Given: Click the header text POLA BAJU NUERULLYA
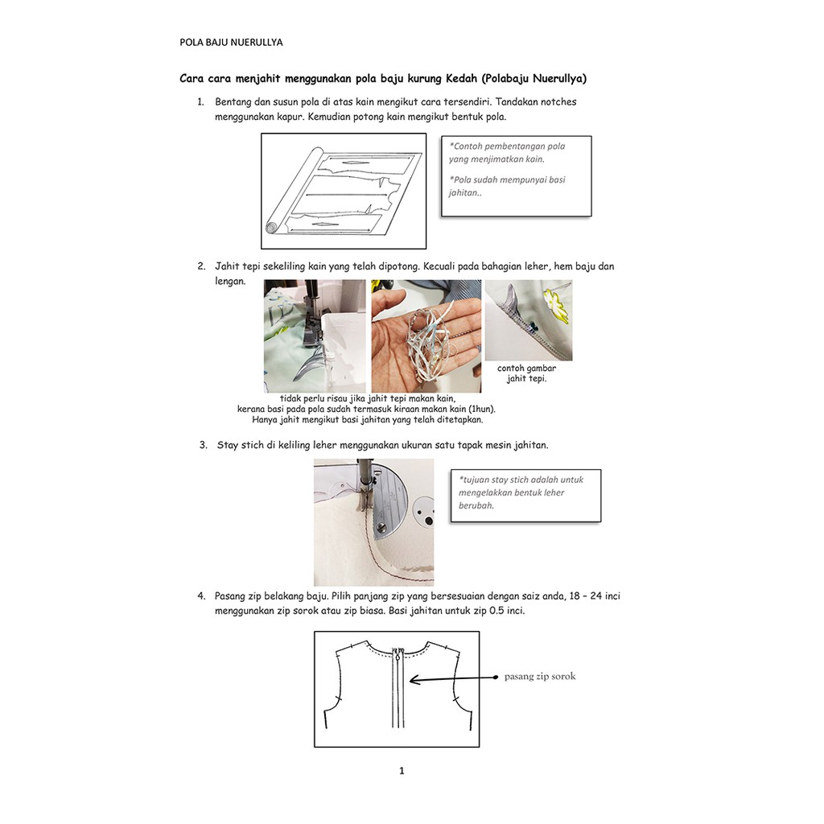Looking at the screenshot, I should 231,43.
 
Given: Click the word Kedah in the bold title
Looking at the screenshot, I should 462,79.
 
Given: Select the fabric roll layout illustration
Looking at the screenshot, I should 344,191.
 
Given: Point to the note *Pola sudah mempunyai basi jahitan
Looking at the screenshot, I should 507,186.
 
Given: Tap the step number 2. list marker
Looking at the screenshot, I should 200,266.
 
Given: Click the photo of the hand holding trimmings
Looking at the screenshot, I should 426,336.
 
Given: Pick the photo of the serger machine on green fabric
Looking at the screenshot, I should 314,336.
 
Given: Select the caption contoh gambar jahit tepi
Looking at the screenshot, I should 527,373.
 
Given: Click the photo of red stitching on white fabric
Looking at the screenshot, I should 373,522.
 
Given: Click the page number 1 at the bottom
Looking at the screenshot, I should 402,771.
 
